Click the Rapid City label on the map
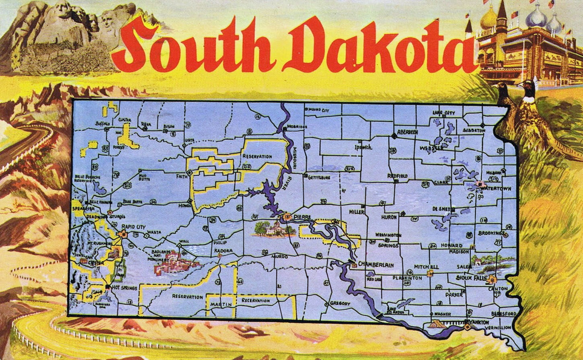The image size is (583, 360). pos(134,227)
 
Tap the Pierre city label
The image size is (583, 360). pos(303,217)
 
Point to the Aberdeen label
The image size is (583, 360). pos(408,132)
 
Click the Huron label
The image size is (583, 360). pos(389,217)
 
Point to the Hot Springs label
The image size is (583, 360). pos(125,288)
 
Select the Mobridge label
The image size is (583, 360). pos(298,127)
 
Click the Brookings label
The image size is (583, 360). pos(491,233)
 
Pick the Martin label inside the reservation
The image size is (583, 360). pos(221,304)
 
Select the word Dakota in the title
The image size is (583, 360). pos(386,48)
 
